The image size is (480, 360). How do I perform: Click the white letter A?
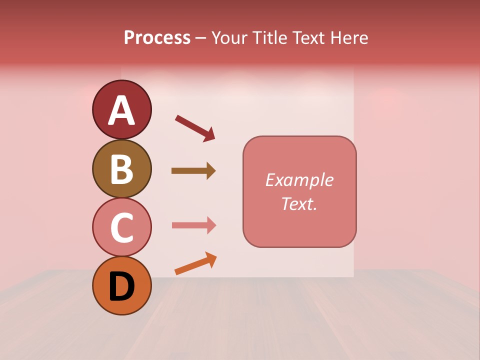click(x=122, y=110)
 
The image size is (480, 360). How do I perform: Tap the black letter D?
click(x=122, y=286)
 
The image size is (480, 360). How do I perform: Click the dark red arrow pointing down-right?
click(x=195, y=128)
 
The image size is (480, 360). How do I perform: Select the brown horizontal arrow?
click(x=193, y=171)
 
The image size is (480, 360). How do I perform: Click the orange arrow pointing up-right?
click(x=195, y=263)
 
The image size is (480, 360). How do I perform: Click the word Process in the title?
click(x=157, y=38)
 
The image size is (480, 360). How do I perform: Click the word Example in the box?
click(x=299, y=180)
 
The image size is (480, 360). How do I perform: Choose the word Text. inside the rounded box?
click(x=299, y=203)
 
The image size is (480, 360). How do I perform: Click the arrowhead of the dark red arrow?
click(x=208, y=134)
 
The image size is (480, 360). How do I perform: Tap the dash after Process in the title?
click(x=201, y=38)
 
